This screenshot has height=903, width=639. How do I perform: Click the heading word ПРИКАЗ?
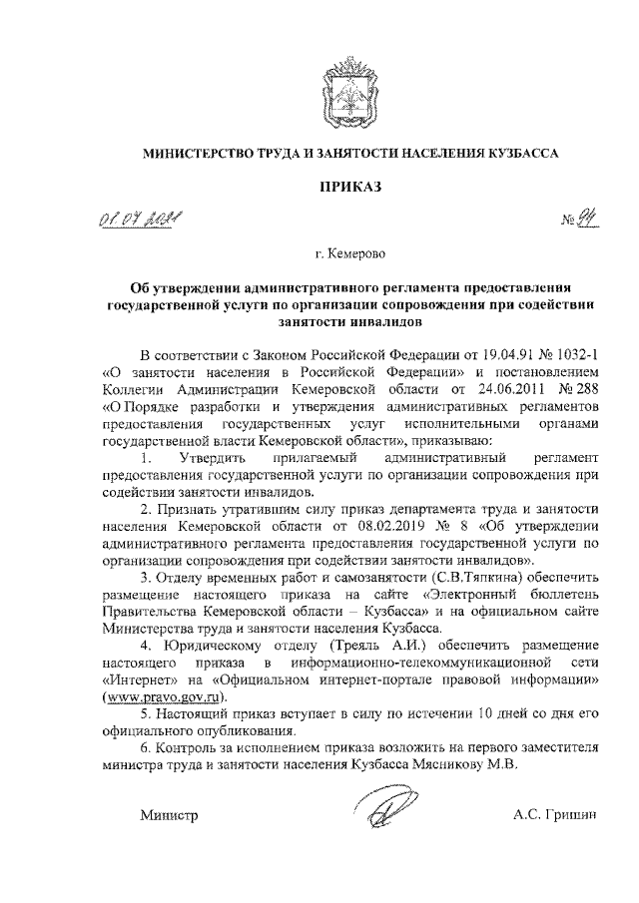click(x=348, y=187)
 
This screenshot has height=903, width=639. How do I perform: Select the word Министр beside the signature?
click(x=171, y=817)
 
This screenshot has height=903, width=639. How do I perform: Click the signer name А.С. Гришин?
click(x=554, y=817)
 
